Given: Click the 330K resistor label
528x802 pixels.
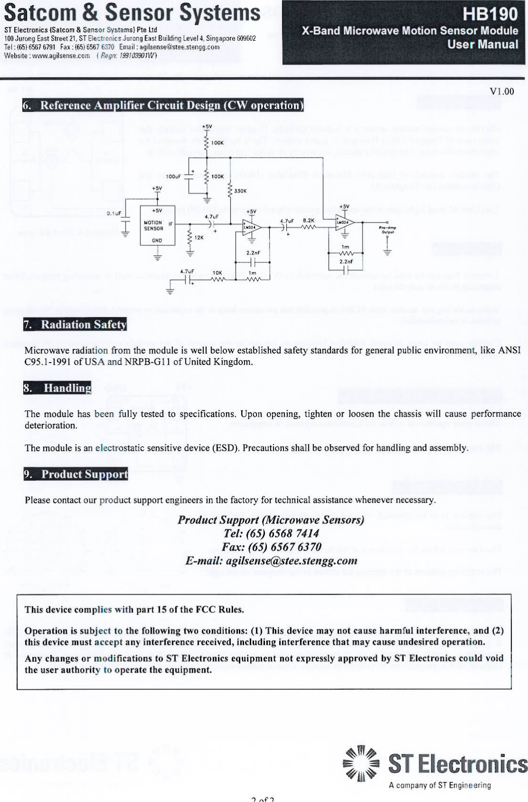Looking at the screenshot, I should click(x=240, y=191).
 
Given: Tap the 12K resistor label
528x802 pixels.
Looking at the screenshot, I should click(x=199, y=238).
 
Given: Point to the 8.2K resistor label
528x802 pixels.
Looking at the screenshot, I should click(x=309, y=221).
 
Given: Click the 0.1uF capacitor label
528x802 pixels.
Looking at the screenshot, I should click(x=114, y=214).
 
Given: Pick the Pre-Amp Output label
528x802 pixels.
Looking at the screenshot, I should click(x=387, y=231).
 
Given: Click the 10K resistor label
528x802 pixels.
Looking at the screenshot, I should click(x=217, y=273).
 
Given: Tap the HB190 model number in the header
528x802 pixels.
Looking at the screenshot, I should click(x=490, y=14).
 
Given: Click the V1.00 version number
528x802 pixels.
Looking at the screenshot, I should click(x=502, y=91).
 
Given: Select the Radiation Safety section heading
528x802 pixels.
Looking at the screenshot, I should click(x=75, y=324).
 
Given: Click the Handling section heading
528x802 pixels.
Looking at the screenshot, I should click(x=57, y=388).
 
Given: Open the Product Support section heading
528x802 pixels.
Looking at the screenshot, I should click(x=76, y=474).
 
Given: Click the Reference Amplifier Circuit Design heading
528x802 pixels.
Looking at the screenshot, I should click(x=163, y=105).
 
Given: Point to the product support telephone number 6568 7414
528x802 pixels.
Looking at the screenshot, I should click(x=293, y=534).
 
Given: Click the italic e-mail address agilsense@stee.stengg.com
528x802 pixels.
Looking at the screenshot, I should click(x=291, y=561).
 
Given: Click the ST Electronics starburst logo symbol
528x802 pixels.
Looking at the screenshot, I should click(x=361, y=764).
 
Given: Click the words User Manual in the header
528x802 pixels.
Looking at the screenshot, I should click(x=483, y=45).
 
